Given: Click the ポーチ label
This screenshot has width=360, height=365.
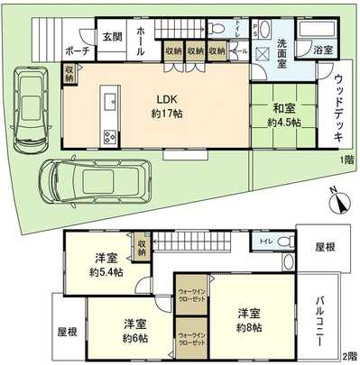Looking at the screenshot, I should [x=78, y=51].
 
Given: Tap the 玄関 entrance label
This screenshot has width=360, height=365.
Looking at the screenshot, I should [x=112, y=37].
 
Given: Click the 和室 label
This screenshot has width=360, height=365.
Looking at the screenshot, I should [x=280, y=111].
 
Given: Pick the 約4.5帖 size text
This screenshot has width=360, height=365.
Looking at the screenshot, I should [x=280, y=123].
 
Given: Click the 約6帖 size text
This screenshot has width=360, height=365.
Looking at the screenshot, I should [x=134, y=338].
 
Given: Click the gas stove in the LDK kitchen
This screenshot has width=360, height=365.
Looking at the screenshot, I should [x=109, y=138].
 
